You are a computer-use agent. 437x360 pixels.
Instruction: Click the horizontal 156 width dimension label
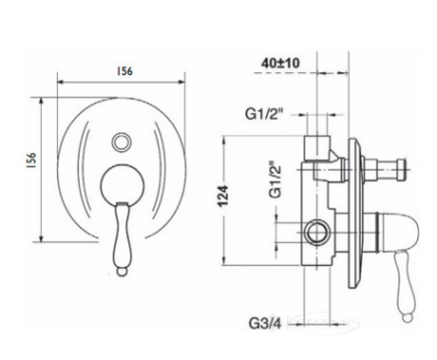tap(124, 71)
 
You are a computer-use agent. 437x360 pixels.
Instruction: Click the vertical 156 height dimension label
tap(31, 161)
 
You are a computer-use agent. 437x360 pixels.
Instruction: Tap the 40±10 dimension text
tap(280, 63)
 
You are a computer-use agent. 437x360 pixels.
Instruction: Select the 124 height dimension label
tap(224, 197)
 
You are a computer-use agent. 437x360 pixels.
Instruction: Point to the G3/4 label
tap(265, 323)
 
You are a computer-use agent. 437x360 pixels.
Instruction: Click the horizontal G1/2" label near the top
tap(263, 114)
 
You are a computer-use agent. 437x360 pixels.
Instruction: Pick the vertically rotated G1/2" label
tap(275, 180)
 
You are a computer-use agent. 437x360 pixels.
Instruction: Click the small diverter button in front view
tap(122, 142)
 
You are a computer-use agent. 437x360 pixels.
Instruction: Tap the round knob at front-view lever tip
tap(122, 272)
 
